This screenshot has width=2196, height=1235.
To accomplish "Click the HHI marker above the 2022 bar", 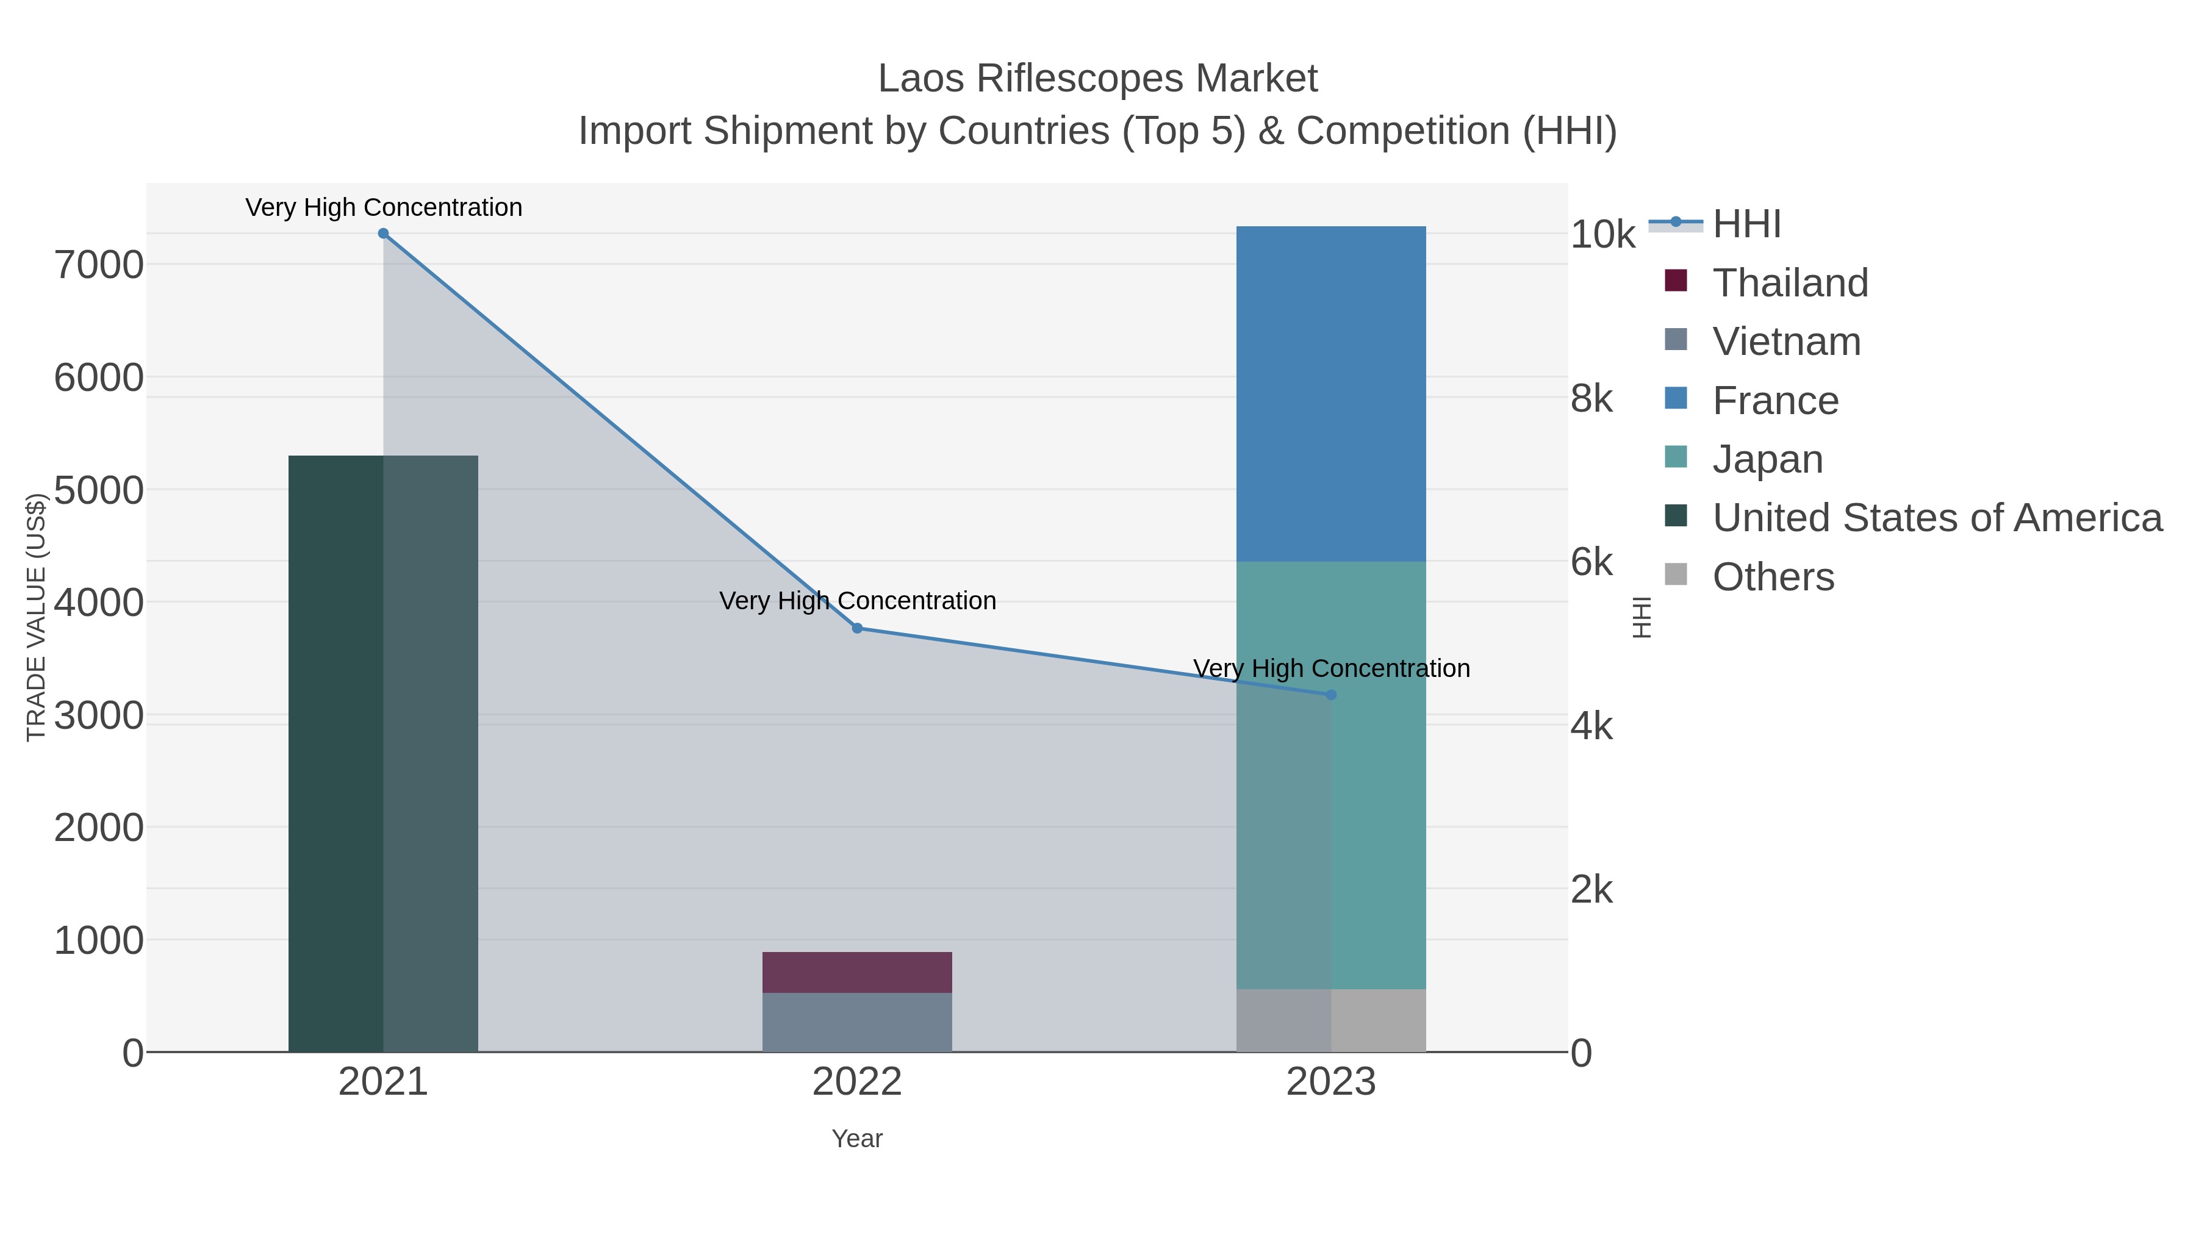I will [x=857, y=628].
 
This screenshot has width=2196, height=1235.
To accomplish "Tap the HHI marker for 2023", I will [x=1331, y=695].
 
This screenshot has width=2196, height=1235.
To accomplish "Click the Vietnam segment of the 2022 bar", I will [x=857, y=1022].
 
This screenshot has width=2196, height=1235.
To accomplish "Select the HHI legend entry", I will [x=1746, y=224].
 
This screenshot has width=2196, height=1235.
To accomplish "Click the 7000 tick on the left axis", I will [x=99, y=265].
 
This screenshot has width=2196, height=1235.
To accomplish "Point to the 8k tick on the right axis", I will [x=1591, y=399].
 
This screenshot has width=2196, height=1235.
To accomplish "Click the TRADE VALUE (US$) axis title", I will [x=36, y=617].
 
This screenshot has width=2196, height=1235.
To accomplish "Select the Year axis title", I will [x=857, y=1139].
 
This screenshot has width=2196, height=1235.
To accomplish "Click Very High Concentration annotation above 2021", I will [x=384, y=207].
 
